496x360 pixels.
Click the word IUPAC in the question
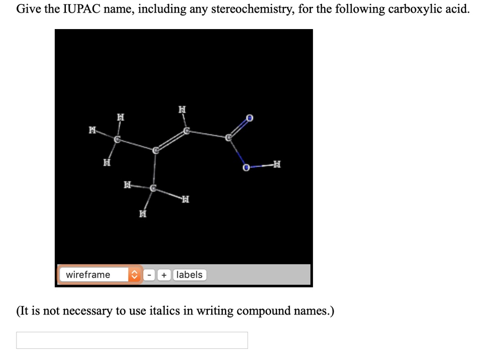point(80,9)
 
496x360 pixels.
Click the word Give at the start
point(28,9)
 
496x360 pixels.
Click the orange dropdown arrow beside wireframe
point(134,275)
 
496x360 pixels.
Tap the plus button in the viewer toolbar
point(165,275)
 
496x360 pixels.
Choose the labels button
point(189,275)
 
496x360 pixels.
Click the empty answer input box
point(132,340)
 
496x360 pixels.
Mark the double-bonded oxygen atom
point(249,118)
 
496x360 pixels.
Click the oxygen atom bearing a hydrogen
point(246,167)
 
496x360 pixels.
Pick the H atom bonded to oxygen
point(277,165)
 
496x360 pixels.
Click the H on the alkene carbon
point(182,110)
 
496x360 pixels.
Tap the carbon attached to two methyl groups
point(155,151)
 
